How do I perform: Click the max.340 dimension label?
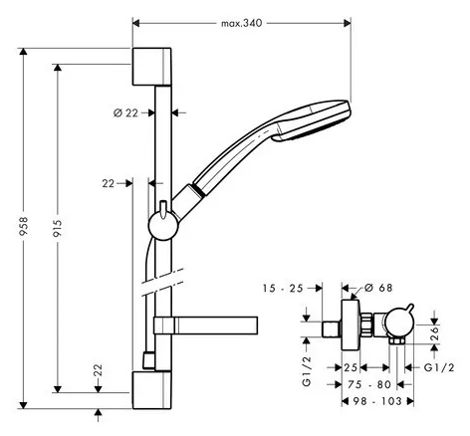[x=242, y=23]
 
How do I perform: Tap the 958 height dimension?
[x=23, y=226]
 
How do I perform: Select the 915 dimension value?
[x=58, y=228]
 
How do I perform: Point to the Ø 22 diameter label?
[x=125, y=113]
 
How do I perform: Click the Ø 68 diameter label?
[x=378, y=288]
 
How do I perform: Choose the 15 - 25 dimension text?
[x=283, y=289]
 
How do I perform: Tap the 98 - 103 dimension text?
[x=377, y=401]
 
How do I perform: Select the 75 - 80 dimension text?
[x=369, y=384]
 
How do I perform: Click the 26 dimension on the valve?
[x=434, y=333]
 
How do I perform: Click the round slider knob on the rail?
[x=163, y=226]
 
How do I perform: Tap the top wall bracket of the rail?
[x=152, y=67]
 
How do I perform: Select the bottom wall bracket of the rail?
[x=152, y=390]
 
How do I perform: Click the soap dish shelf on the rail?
[x=205, y=326]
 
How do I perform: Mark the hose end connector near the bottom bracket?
[x=148, y=361]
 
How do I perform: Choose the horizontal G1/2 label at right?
[x=439, y=367]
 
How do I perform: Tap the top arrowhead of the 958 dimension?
[x=23, y=52]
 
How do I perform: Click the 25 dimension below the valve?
[x=351, y=367]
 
